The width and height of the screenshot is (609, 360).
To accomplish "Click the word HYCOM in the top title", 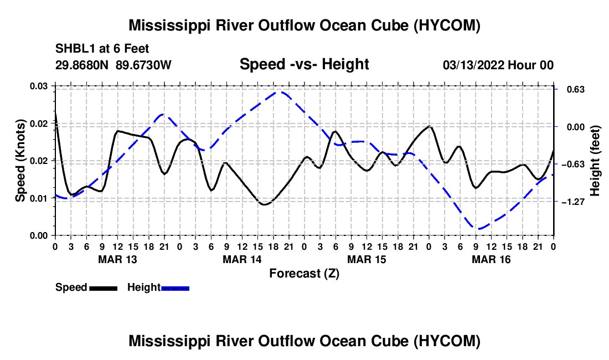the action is coord(447,25).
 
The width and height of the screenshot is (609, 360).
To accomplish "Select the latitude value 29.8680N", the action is coord(82,65).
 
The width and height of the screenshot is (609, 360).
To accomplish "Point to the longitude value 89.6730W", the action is coord(143,65).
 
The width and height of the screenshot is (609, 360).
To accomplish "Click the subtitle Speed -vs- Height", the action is coord(304,64).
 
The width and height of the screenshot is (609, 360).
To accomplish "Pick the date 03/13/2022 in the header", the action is coord(474,65).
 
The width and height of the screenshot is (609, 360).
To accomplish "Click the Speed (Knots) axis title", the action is coord(20,161).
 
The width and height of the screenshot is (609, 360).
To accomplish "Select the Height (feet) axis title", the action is coord(595,161).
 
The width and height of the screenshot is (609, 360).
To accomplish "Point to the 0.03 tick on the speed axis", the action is coord(39,86).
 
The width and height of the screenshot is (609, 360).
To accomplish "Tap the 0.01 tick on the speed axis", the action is coord(39,198).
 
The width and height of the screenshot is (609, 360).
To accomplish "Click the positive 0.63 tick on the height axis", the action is coord(576,90).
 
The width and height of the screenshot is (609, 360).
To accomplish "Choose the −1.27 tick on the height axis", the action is coord(573,202).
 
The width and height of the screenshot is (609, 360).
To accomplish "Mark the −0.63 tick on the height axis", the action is coord(573,164).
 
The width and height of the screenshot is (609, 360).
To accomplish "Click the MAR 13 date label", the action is coord(118,259).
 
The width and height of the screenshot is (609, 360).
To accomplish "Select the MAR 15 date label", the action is coord(367,259).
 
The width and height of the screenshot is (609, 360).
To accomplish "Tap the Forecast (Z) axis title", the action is coord(304,274).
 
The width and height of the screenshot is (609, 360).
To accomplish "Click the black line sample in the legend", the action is coord(104,288).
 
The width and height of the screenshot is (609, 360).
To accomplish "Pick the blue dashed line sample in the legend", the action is coord(175,288).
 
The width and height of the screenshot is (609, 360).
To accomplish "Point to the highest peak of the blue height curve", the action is coord(281,92).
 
